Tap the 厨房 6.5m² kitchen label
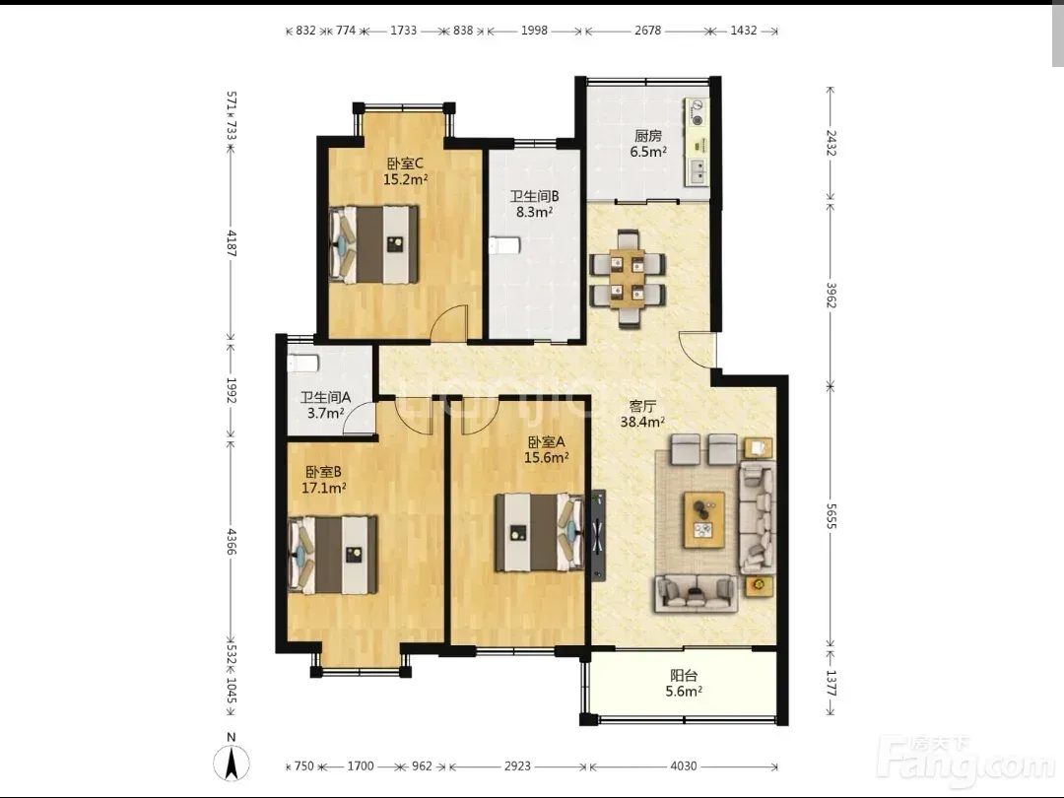[648, 143]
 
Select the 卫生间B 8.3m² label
[535, 204]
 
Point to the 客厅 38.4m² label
[642, 414]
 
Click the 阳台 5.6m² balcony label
[684, 684]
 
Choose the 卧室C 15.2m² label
[405, 171]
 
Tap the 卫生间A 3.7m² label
[326, 405]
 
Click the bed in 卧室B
[333, 555]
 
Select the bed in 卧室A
[540, 532]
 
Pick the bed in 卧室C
[373, 244]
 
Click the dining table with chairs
[628, 279]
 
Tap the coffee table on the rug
[704, 520]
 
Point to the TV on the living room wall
[597, 535]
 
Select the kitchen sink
[697, 172]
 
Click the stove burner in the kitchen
[697, 112]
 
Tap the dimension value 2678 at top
[647, 31]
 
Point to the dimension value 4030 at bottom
[684, 766]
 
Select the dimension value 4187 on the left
[232, 243]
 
